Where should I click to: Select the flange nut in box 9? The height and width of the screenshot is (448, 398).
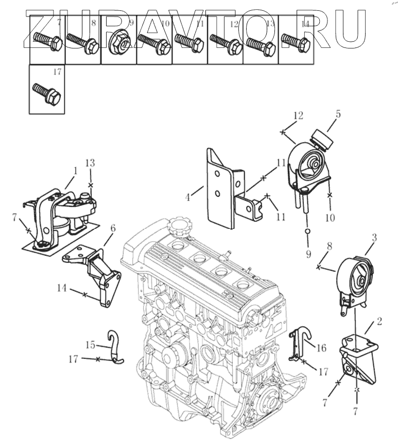pos(119,44)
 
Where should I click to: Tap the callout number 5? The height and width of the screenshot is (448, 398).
pos(338,113)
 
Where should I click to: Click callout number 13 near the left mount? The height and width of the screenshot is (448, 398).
pos(90,163)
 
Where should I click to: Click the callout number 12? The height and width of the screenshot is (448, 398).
pos(299,117)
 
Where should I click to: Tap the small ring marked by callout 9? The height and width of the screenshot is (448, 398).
pos(307,231)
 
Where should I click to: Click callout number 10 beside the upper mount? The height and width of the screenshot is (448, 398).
pos(330,218)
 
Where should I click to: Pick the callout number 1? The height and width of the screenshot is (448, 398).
pos(75,170)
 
